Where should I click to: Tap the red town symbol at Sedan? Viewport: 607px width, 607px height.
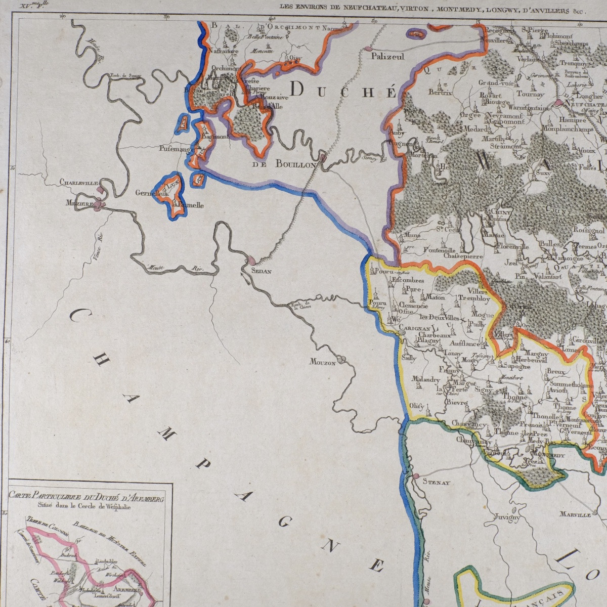tap(250, 262)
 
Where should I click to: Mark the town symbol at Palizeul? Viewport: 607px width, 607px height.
tap(366, 49)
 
